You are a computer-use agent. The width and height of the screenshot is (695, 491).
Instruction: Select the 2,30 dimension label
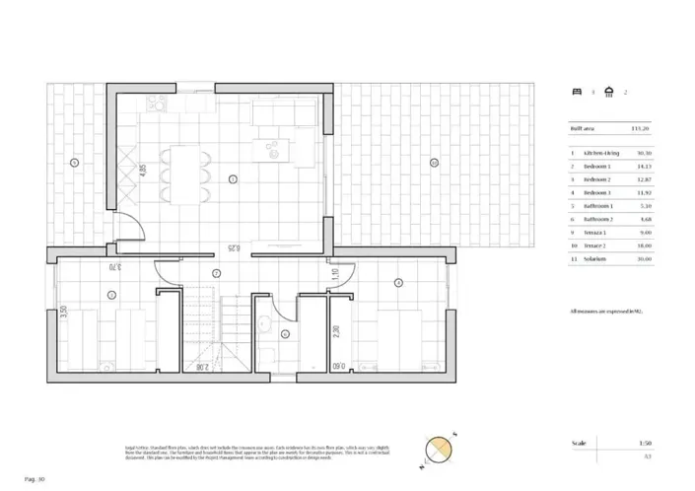point(335,331)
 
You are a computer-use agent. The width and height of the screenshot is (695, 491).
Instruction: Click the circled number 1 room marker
point(233,178)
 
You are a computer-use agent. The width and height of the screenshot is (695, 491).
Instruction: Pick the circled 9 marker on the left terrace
point(74,161)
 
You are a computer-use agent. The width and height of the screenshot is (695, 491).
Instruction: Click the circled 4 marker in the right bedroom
point(398,283)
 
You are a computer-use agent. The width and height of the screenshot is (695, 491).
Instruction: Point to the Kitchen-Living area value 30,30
point(643,154)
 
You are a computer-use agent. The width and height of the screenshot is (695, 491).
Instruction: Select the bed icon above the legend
point(577,92)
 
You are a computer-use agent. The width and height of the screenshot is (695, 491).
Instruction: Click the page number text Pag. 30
point(34,479)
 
